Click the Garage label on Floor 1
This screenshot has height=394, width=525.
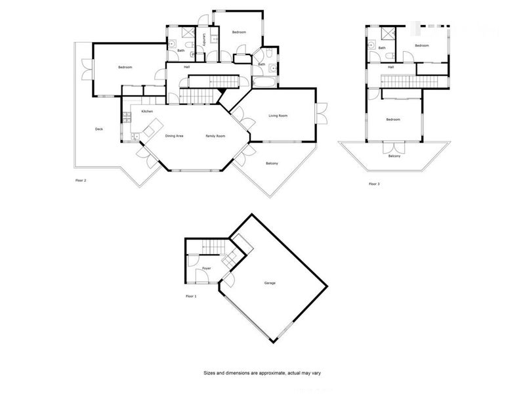click(270, 283)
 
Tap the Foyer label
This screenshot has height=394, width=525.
click(206, 269)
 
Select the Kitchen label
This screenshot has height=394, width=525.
click(147, 111)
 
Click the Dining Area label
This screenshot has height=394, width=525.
click(174, 136)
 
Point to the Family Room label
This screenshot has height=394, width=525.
click(215, 136)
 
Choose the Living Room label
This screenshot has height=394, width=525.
click(278, 116)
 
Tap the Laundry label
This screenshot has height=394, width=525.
click(205, 39)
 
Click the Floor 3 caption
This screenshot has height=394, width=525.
click(374, 184)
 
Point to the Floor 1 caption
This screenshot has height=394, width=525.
click(191, 296)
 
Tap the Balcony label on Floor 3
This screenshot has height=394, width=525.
click(394, 156)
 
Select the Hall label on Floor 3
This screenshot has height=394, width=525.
click(390, 67)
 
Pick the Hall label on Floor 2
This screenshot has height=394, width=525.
click(187, 67)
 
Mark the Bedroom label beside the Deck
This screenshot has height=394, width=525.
click(125, 68)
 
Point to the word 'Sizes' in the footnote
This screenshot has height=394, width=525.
click(209, 373)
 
